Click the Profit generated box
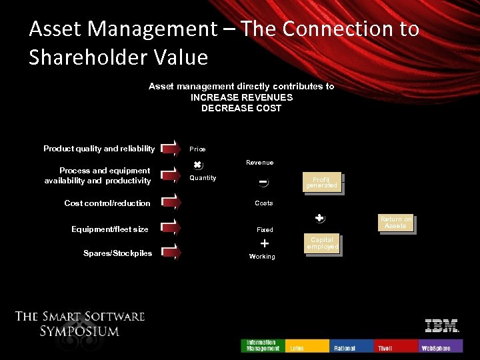322,183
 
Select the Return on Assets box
395,223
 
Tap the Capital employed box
322,244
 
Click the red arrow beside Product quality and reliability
170,149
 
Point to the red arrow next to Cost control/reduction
170,203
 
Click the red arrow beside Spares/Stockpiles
170,253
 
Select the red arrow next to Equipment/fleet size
170,229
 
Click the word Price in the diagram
197,149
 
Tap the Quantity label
203,178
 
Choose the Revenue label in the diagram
259,163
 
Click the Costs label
264,203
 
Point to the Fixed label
265,230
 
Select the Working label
262,257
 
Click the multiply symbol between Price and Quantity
197,165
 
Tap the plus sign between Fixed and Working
265,243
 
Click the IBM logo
442,326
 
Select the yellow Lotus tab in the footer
307,346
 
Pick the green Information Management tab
263,345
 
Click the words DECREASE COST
241,108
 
